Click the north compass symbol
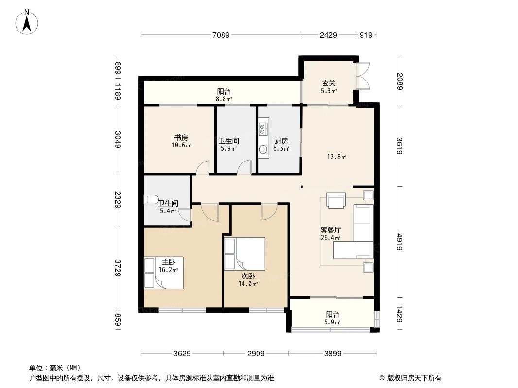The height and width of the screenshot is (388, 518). point(28,21)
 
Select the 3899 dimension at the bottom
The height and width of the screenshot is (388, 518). point(333,354)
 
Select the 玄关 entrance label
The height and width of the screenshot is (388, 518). point(328,83)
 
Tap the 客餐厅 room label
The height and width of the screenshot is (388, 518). point(330,230)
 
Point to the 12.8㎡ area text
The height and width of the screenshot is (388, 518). point(336,157)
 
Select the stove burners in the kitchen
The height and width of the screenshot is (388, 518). point(263,129)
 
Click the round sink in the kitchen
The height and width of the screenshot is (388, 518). point(263,149)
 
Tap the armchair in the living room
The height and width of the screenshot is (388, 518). point(336,200)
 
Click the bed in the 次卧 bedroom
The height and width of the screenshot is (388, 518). point(245,253)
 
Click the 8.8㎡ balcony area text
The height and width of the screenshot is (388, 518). point(224,99)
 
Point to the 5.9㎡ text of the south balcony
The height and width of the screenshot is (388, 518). point(332,322)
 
